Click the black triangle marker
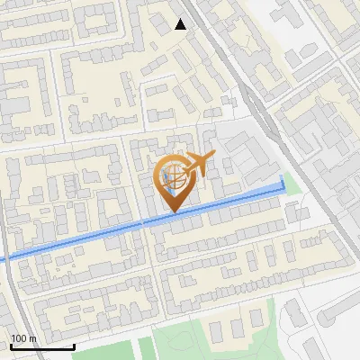pyautogui.click(x=181, y=24)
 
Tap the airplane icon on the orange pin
pyautogui.click(x=197, y=164)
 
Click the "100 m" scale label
pyautogui.click(x=23, y=338)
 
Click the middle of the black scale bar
pyautogui.click(x=42, y=346)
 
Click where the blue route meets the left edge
pyautogui.click(x=2, y=259)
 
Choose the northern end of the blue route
pyautogui.click(x=283, y=179)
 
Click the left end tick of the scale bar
pyautogui.click(x=11, y=345)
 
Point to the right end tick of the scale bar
pyautogui.click(x=74, y=345)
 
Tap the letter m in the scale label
pyautogui.click(x=32, y=338)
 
